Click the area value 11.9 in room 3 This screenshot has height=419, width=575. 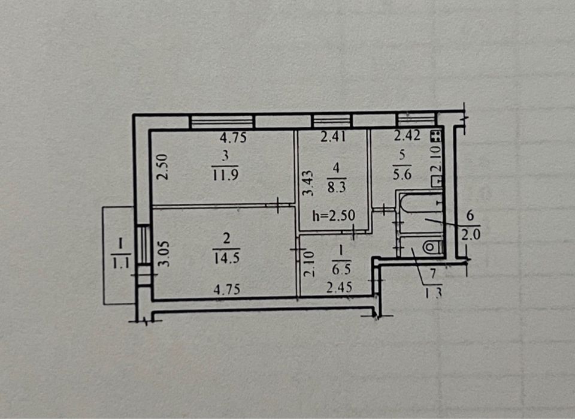(225, 174)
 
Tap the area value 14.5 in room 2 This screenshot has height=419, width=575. (226, 257)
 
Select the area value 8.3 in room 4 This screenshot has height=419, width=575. (336, 187)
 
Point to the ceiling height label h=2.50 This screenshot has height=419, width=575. (334, 215)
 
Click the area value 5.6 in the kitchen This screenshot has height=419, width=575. (402, 174)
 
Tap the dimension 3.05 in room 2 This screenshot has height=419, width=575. (165, 254)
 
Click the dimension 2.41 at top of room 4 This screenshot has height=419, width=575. (333, 137)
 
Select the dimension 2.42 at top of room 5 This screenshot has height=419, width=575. (407, 135)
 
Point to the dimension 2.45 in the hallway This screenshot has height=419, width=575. (339, 287)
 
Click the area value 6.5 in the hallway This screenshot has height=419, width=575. (341, 270)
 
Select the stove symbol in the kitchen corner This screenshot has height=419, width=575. (435, 137)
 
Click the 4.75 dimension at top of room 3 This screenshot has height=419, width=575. (233, 138)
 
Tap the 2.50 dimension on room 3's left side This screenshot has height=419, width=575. (163, 167)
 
